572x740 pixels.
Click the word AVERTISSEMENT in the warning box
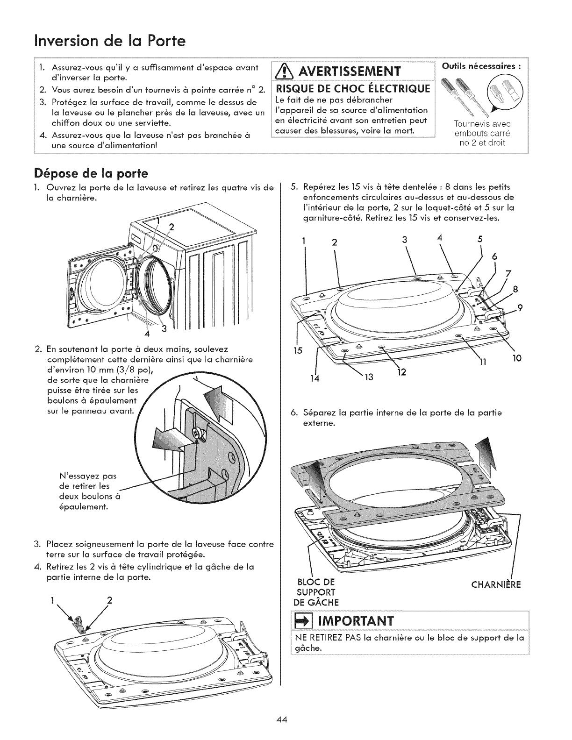pos(357,73)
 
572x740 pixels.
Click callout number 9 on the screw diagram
pos(519,307)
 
